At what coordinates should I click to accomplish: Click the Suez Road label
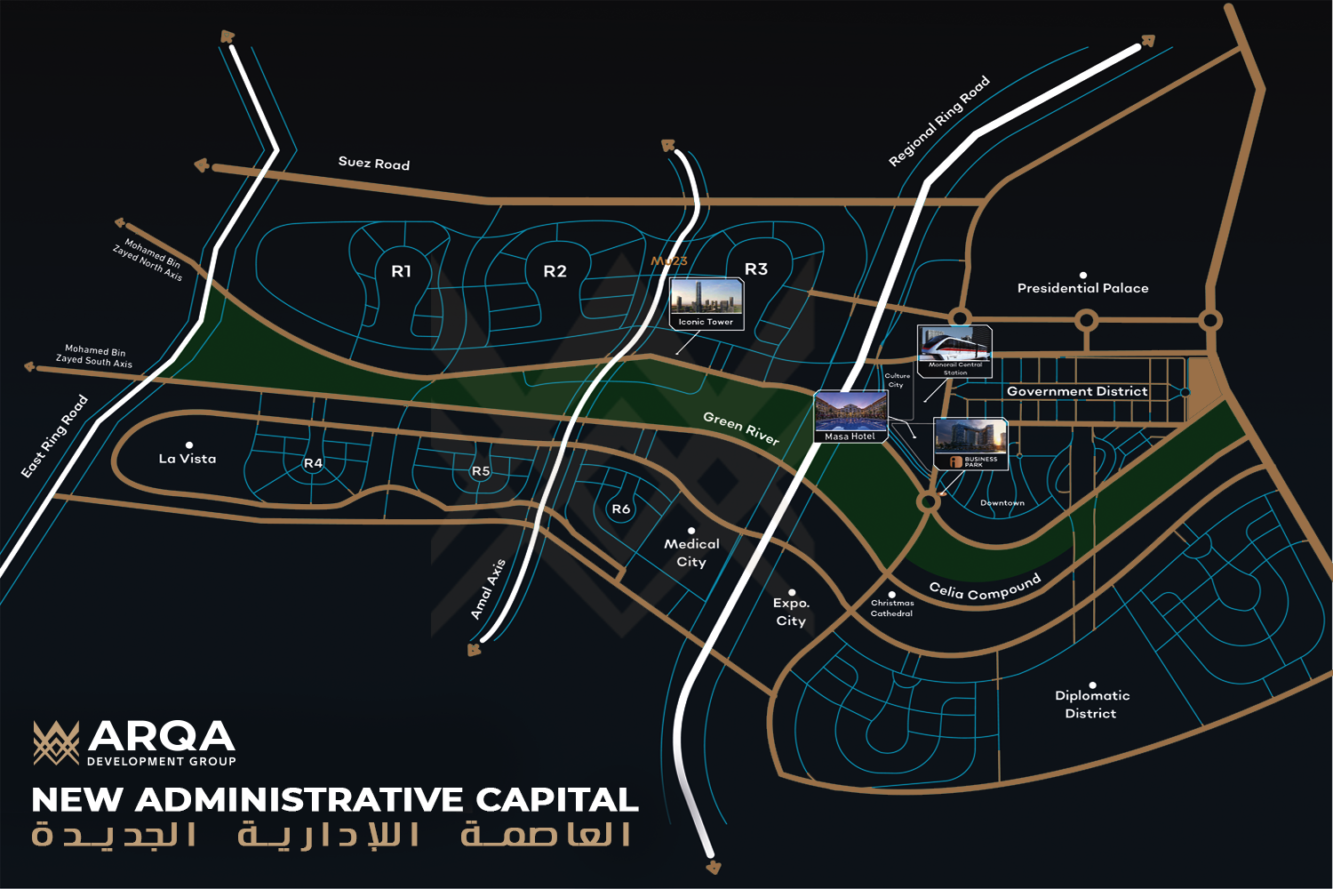(374, 163)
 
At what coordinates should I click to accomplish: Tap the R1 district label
(402, 271)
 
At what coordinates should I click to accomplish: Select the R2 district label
(555, 271)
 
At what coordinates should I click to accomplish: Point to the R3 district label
(756, 268)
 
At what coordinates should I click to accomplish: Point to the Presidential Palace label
(1082, 288)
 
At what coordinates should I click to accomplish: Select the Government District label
(1077, 391)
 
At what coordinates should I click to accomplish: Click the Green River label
(741, 428)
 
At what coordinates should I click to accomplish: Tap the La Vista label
(188, 459)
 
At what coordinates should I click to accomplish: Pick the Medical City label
(691, 552)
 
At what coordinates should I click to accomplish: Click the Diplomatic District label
(1091, 704)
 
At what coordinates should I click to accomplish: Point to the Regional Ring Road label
(939, 122)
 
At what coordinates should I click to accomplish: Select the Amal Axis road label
(488, 589)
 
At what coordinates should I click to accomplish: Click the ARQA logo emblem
(56, 742)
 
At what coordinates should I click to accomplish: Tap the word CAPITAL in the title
(557, 800)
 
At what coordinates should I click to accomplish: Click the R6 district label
(621, 509)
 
